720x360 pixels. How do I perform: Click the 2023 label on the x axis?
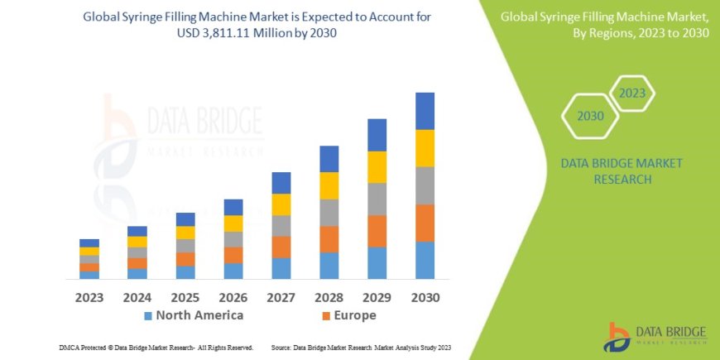89,297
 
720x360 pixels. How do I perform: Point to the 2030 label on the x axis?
425,297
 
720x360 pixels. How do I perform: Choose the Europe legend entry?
348,315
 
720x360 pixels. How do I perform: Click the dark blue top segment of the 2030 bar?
425,111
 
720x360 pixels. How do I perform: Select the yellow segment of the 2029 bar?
377,167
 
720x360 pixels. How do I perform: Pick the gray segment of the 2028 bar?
329,213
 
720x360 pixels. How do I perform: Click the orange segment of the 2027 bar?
281,247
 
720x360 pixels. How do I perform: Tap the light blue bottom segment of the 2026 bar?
233,271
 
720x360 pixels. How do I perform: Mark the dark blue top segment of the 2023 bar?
89,242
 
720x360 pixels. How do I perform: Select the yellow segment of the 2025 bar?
185,233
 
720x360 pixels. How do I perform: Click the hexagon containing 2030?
590,116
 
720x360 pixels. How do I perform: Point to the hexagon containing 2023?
631,93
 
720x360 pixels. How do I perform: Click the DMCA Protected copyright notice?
156,348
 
